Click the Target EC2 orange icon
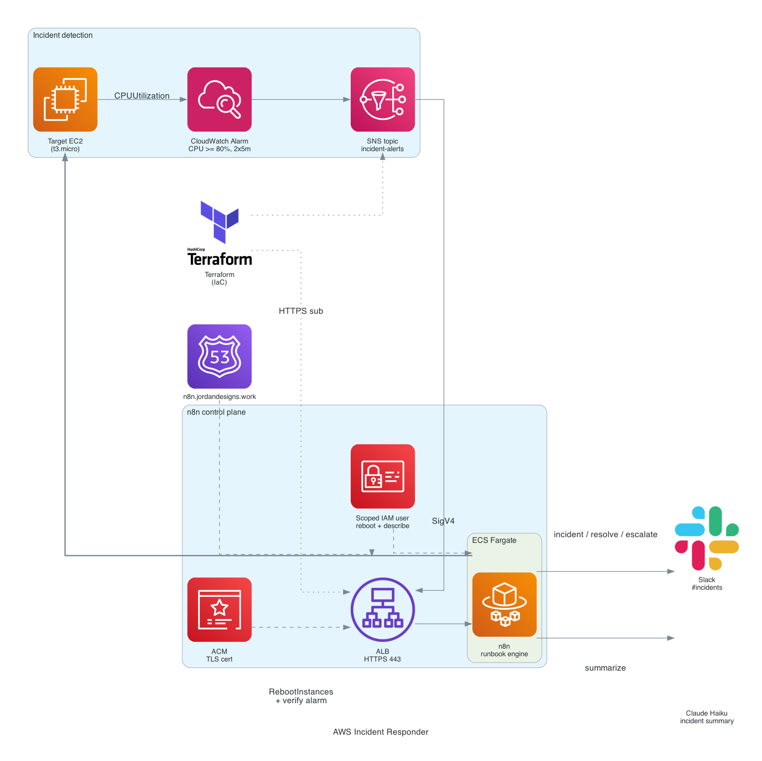tap(65, 99)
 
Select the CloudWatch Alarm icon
tap(220, 99)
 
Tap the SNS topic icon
tap(383, 99)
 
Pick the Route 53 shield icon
tap(220, 356)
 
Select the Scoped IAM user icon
tap(383, 476)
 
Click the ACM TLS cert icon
tap(220, 609)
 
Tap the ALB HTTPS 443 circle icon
tap(383, 609)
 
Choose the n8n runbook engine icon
tap(504, 605)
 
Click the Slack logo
tap(707, 539)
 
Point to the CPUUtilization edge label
tap(142, 96)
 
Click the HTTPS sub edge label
tap(301, 311)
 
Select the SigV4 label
tap(443, 521)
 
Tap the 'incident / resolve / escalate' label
tap(606, 534)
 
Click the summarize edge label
tap(606, 668)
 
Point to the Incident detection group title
tap(63, 35)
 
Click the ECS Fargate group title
tap(494, 540)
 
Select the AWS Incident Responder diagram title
tap(381, 732)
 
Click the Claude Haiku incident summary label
tap(707, 717)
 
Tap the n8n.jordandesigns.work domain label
tap(220, 397)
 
